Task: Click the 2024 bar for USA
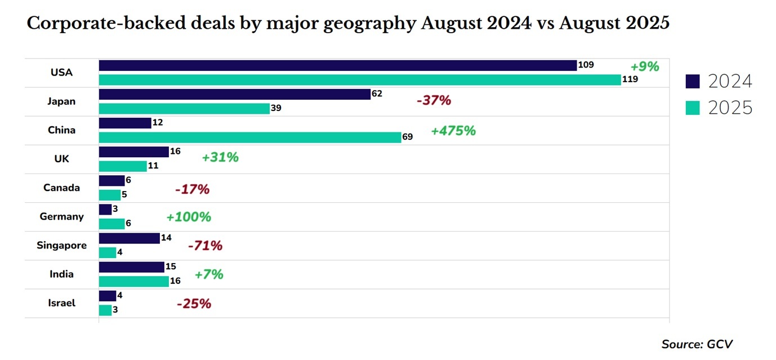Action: click(x=338, y=65)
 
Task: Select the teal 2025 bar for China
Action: click(x=250, y=137)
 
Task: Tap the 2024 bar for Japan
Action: click(x=234, y=94)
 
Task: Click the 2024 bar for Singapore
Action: click(x=130, y=238)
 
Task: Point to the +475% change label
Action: click(x=453, y=131)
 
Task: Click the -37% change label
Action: click(x=434, y=101)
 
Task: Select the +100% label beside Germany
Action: click(x=189, y=217)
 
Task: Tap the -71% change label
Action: click(x=205, y=246)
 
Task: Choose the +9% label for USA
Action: click(x=644, y=66)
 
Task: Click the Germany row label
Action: click(x=61, y=216)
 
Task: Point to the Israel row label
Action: click(x=61, y=303)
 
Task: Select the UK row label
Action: click(x=61, y=159)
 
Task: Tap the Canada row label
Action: click(x=61, y=188)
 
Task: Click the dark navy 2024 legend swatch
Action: click(x=693, y=82)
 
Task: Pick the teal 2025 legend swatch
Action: click(x=693, y=108)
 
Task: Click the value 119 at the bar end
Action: click(x=630, y=79)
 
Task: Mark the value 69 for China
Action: click(x=407, y=137)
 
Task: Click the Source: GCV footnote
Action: click(x=697, y=344)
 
